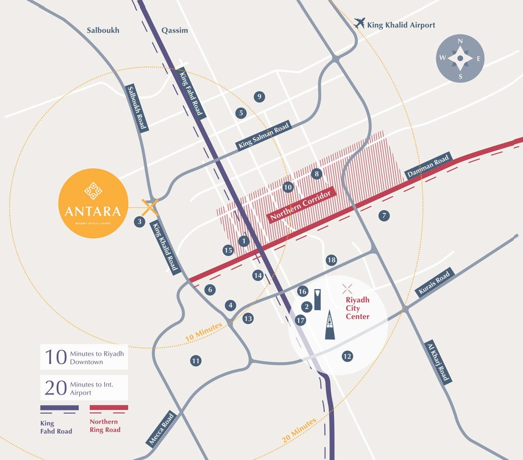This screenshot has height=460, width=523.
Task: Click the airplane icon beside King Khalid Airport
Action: point(360,23)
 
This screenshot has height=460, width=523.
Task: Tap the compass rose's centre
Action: point(460,59)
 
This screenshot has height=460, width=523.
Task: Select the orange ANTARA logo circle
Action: point(93,203)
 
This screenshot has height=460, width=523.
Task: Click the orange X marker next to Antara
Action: point(149,208)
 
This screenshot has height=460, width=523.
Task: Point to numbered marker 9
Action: point(259,97)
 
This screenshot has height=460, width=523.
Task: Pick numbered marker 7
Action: point(384,216)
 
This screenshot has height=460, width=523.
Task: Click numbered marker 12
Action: point(347,356)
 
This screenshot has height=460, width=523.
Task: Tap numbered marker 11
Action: point(196,361)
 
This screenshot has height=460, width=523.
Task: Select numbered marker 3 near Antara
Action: point(139,222)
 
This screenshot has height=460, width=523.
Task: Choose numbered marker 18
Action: point(331,260)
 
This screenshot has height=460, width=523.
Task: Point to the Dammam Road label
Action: point(429,167)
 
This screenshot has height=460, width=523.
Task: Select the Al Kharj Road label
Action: point(438,361)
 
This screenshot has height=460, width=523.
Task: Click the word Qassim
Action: point(175,31)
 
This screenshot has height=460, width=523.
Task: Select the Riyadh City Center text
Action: point(358,308)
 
